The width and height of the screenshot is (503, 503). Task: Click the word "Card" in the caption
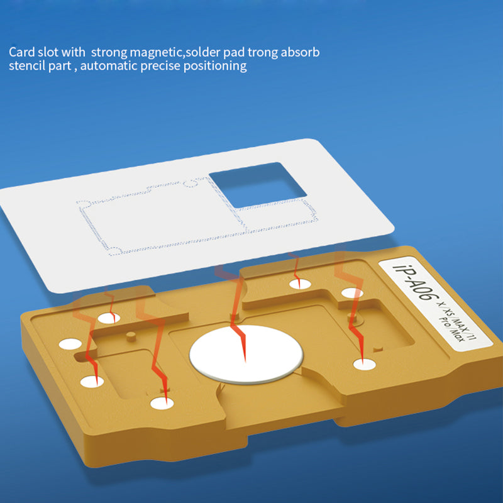coord(21,52)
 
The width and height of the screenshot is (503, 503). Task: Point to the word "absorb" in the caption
coord(300,52)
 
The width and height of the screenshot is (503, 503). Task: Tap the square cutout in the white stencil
coord(258,185)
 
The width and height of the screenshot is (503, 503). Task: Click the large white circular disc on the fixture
coord(246,354)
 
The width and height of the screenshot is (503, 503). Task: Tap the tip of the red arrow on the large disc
coord(245,362)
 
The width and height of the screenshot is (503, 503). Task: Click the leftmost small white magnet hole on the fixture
coord(70,344)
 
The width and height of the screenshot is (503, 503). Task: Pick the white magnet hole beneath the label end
coord(365,365)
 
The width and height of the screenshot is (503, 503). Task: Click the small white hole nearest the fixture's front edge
coord(162,404)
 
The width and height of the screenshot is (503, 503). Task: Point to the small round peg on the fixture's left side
coord(131,336)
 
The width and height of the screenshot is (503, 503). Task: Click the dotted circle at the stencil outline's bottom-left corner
coord(115,251)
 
